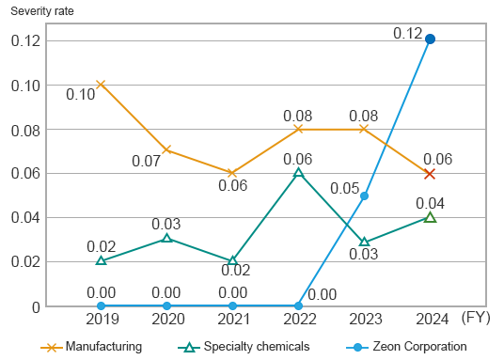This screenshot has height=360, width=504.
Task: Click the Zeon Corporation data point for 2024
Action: (430, 39)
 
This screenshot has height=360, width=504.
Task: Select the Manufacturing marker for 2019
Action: (101, 85)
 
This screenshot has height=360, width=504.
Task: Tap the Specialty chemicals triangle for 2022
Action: (298, 173)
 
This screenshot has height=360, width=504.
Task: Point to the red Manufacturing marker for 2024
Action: (430, 174)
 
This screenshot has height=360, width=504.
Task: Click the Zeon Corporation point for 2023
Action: (364, 196)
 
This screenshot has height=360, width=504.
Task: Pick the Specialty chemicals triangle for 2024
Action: (430, 217)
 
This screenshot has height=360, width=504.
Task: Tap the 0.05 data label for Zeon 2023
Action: (344, 188)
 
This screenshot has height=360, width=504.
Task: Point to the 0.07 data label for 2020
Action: (146, 161)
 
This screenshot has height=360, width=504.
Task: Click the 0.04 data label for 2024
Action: (430, 202)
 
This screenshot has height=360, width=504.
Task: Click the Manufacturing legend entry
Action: (91, 347)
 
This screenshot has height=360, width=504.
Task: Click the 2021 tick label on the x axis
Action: (232, 320)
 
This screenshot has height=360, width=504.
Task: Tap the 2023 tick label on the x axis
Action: (364, 320)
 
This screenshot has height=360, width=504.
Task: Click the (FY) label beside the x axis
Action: (476, 320)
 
